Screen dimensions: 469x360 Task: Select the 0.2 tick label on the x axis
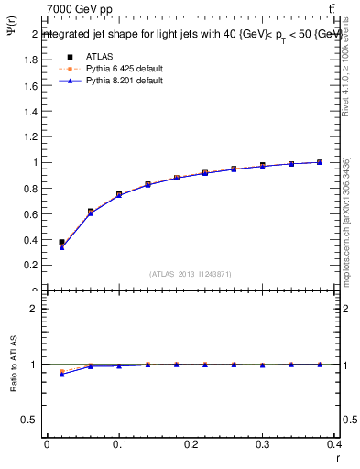tap(191, 446)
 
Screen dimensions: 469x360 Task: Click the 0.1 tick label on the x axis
tap(118, 446)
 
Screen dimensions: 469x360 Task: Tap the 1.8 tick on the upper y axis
tap(31, 60)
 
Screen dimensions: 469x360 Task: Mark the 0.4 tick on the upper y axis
tap(31, 240)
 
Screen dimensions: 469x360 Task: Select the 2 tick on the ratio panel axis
tap(34, 309)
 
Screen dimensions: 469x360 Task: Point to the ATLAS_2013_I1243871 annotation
tap(191, 274)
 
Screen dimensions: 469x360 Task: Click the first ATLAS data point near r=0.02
tap(61, 243)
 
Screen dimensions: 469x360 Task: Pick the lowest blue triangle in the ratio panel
tap(61, 374)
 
